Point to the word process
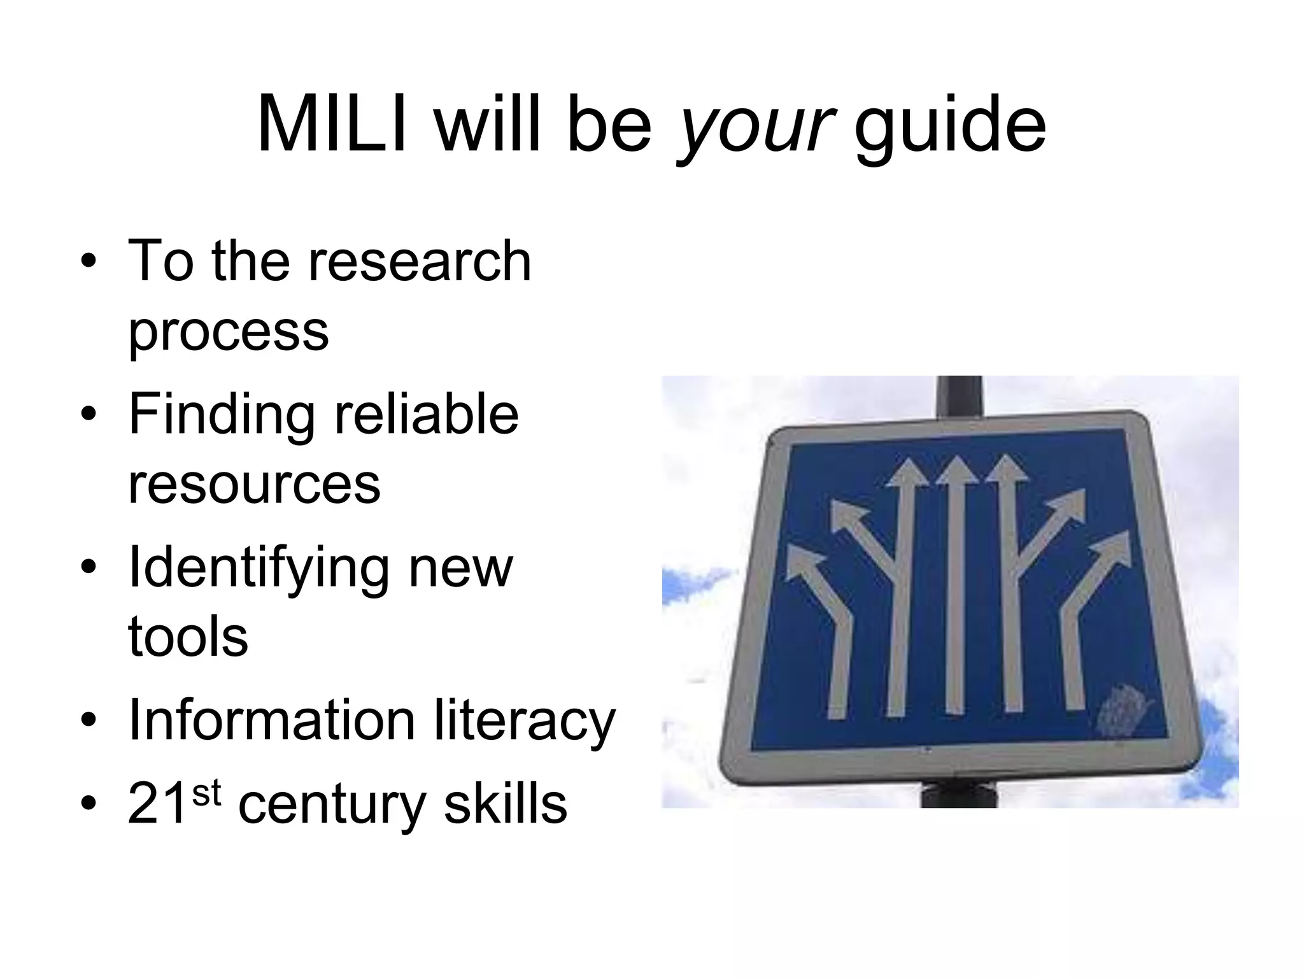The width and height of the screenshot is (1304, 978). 228,331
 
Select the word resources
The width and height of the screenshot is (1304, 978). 254,484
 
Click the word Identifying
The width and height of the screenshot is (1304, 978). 259,568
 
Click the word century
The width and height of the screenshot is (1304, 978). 331,806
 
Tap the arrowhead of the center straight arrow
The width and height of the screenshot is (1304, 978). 956,471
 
